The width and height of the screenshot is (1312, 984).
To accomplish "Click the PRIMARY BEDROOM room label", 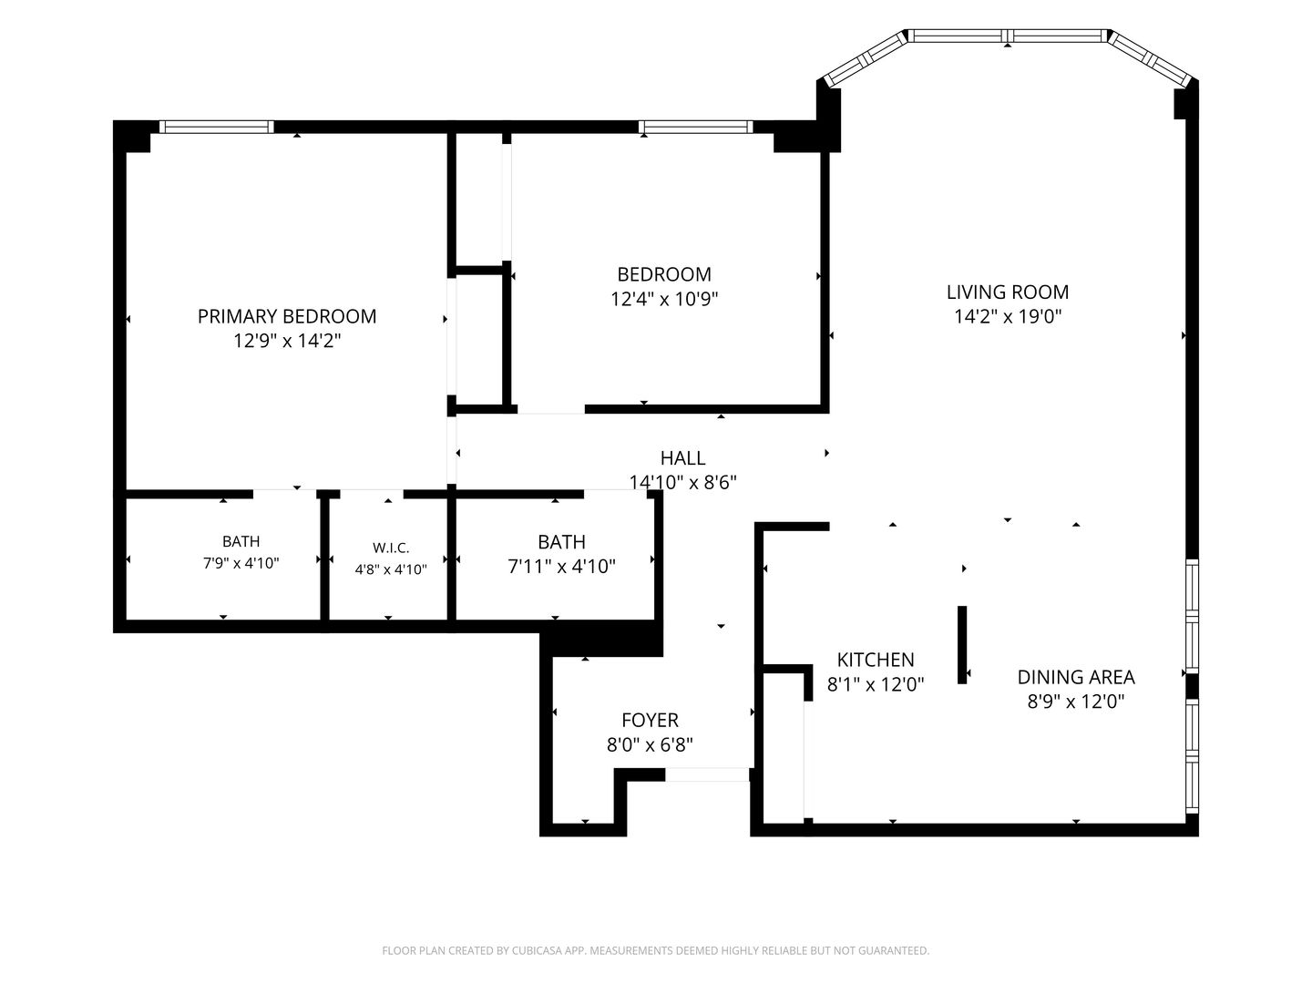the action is coord(287,316).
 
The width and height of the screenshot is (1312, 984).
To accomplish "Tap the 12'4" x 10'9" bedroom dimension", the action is coord(664,298).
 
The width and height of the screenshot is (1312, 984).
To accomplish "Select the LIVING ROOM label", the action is coord(1007,292).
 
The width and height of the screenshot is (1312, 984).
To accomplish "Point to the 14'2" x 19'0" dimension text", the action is coord(1007,316).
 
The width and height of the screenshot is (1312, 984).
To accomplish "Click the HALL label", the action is coord(682,458).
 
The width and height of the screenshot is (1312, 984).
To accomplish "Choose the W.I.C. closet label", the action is coord(391,548).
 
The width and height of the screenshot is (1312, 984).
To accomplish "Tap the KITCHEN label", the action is coord(876,660).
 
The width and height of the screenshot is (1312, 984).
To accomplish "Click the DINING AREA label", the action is coord(1076,677).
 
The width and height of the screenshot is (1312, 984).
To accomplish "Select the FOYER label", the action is coord(650,720).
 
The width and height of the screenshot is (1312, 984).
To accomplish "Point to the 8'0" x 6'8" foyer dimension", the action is coord(650,744).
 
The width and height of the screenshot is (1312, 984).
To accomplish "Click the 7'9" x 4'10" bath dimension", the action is coord(241,563).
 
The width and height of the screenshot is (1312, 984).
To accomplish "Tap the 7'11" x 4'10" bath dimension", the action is coord(561,566).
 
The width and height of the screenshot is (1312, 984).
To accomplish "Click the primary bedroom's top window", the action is coord(216,127).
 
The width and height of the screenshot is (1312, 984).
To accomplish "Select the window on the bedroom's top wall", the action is coord(695,127).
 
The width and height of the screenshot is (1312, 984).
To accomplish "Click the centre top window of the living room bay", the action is coord(1009,36).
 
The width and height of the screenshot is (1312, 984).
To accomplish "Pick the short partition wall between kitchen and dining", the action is coord(962,645).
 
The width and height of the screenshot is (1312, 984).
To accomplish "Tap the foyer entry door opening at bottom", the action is coord(707,774).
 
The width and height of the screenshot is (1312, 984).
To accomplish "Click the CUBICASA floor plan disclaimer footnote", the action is coord(656,950).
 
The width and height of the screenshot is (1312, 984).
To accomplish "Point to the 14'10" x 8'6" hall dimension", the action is coord(682,482).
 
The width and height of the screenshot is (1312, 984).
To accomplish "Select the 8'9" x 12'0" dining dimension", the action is coord(1076,701).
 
